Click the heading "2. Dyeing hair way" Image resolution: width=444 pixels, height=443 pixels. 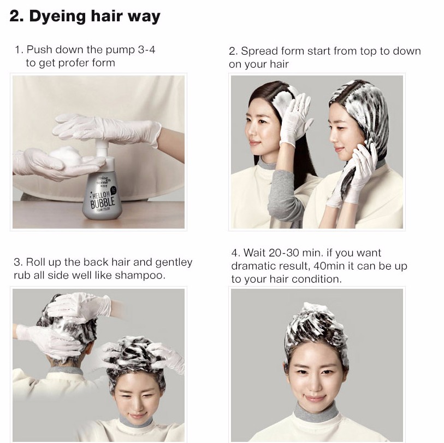[x=85, y=16]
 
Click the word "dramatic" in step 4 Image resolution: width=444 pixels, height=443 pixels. [x=252, y=266]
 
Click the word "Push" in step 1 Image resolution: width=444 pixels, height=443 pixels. [x=39, y=50]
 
